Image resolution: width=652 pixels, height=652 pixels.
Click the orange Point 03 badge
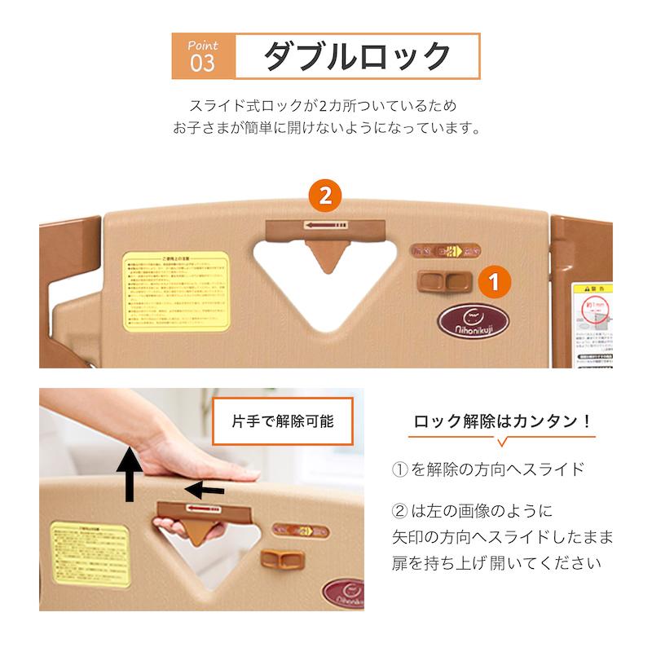(x=203, y=55)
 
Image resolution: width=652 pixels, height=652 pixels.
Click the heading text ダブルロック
(x=357, y=56)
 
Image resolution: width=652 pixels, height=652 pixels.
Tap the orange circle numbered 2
(x=325, y=196)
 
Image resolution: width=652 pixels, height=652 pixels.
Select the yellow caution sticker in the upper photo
(x=177, y=291)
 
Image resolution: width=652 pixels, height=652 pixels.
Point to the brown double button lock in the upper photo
(x=445, y=281)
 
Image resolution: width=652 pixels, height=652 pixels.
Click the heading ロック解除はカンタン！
(x=501, y=421)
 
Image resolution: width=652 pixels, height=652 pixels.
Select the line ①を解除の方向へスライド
(x=488, y=469)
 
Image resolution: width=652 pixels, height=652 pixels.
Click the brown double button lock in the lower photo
(x=281, y=561)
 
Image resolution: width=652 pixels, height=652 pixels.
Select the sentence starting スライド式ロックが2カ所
(x=324, y=106)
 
